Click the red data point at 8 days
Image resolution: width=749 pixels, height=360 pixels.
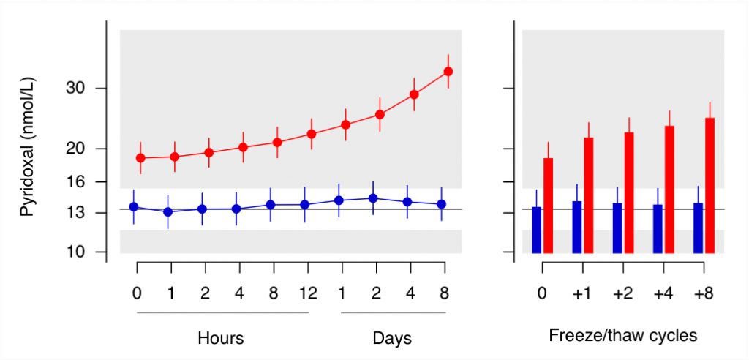tap(448, 71)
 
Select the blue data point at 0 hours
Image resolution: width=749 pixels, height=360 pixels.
tap(134, 206)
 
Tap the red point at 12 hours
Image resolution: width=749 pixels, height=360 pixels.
tap(312, 134)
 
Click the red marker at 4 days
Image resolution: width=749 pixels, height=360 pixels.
tap(414, 94)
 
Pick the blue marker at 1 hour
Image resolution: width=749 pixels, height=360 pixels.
tap(168, 211)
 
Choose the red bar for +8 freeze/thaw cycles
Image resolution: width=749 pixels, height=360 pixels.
tap(710, 186)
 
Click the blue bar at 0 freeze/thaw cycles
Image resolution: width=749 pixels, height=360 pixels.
tap(536, 230)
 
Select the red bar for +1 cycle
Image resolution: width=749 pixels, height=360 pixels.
tap(589, 195)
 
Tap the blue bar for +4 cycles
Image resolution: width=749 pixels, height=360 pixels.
tap(658, 229)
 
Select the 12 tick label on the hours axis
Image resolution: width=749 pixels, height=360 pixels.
tap(308, 293)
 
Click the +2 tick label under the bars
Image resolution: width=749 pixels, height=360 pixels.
tap(623, 293)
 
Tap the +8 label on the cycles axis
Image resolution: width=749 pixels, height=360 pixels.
tap(704, 293)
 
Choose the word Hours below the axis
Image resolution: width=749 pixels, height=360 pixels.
tap(221, 339)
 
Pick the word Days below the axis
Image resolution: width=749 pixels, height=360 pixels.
tap(392, 339)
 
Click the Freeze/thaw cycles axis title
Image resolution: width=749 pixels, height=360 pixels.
tap(623, 336)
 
